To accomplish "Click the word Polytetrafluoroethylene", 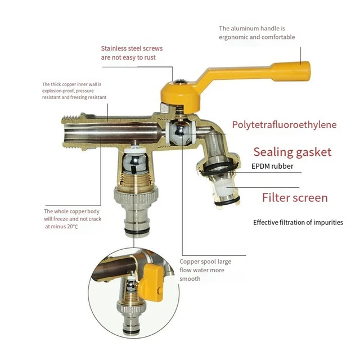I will point(284,124).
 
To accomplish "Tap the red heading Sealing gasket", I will point(292,152).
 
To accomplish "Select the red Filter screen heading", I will point(294,197).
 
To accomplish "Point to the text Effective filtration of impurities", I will point(298,222).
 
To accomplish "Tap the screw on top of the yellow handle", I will point(175,83).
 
